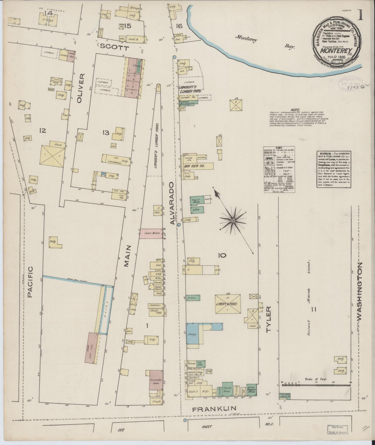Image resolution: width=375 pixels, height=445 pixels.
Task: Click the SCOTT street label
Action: pos(111,48)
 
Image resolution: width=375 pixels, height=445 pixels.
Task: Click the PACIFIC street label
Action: pos(30,282)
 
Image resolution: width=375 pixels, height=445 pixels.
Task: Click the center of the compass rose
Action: pos(233,220)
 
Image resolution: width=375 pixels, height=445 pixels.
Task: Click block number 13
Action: pos(106,133)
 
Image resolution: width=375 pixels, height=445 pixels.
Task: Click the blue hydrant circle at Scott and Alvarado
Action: pos(174,57)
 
